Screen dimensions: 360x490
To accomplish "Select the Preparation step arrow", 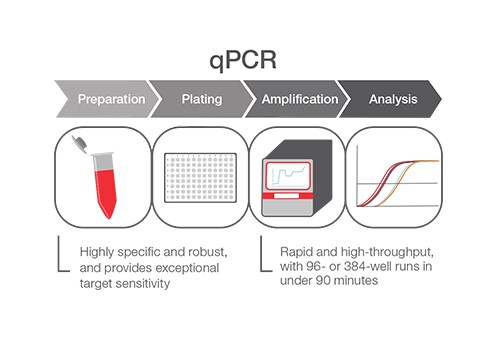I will click(111, 100).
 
